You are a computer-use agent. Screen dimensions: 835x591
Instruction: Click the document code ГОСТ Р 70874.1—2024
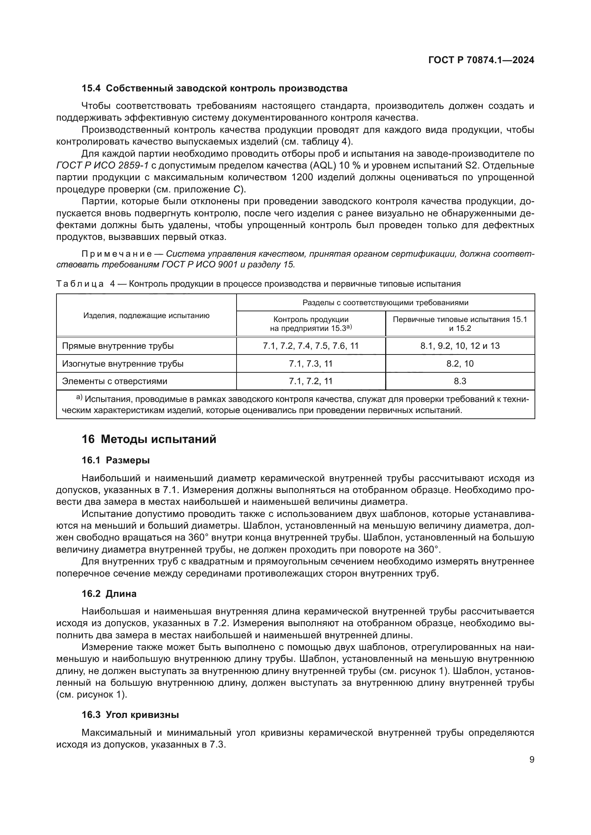tap(481, 60)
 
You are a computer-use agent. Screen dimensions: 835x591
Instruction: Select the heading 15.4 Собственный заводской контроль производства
tap(214, 89)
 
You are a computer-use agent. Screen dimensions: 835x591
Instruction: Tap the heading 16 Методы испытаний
tap(149, 439)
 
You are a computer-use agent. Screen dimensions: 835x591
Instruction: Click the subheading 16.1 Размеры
tap(115, 461)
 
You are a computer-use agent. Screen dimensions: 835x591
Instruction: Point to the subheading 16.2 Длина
tap(109, 594)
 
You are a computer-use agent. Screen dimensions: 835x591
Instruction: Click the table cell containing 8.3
tap(460, 381)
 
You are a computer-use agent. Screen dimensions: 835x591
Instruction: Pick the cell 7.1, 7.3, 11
tap(311, 364)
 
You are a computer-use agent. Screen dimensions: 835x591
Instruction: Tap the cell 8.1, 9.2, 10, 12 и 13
tap(460, 346)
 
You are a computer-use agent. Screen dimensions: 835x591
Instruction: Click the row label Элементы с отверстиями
tap(115, 381)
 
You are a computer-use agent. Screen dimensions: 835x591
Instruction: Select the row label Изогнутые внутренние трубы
tap(123, 364)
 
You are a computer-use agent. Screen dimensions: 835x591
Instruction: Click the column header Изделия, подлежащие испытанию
tap(146, 315)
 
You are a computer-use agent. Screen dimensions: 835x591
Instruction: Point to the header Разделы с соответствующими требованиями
tap(386, 303)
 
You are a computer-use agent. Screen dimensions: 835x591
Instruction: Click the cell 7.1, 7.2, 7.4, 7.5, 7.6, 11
tap(311, 346)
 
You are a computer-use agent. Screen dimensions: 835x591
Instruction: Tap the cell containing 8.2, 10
tap(460, 364)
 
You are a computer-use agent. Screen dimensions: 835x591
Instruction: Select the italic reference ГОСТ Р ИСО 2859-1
tap(102, 166)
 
